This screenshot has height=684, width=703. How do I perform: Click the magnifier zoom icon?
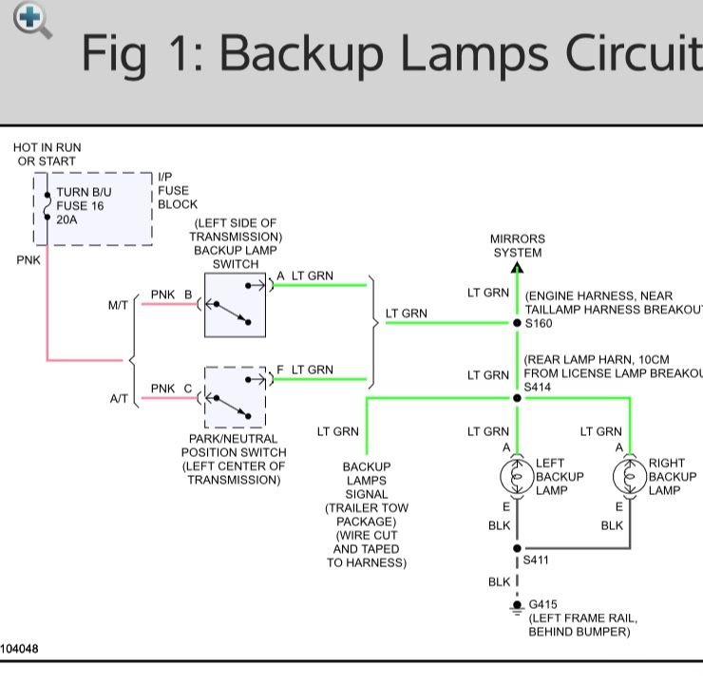point(31,20)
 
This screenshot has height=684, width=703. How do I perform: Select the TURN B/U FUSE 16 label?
point(81,205)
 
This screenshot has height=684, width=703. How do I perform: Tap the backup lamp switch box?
point(235,304)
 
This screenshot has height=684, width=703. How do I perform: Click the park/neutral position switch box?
point(235,397)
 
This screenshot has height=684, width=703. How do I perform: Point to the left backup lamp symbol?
point(517,476)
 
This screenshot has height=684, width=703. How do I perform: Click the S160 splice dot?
point(517,323)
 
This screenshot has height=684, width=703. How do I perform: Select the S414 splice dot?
point(517,398)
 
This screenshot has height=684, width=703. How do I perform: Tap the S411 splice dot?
point(517,548)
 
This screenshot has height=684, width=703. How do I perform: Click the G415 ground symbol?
point(517,605)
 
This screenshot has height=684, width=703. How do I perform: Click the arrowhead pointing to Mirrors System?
point(517,268)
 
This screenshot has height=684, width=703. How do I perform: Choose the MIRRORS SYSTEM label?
point(518,246)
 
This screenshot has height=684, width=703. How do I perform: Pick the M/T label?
point(118,306)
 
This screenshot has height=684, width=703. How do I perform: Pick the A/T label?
point(119,399)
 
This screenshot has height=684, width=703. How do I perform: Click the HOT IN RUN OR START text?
point(47,154)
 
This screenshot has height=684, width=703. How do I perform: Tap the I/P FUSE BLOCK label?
point(177,190)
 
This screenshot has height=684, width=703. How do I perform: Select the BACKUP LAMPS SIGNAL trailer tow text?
point(367,514)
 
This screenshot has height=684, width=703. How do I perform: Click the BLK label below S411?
point(499,581)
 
